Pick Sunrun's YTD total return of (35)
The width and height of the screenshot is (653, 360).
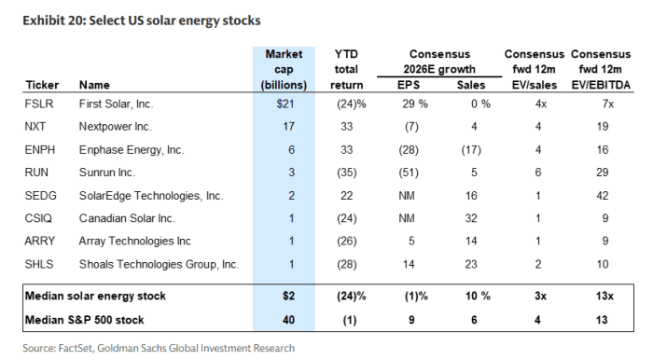(346, 172)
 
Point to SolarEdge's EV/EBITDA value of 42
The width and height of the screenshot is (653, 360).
(604, 195)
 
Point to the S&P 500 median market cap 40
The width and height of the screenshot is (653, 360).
(288, 319)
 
